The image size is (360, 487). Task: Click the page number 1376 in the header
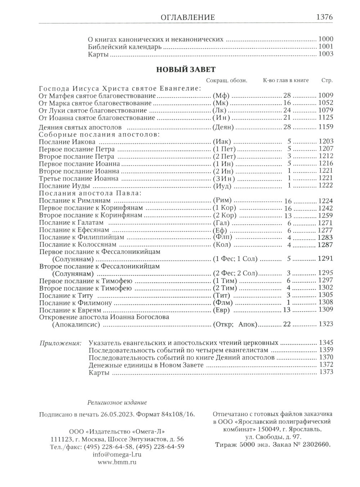(x=324, y=17)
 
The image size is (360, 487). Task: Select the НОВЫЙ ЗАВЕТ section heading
(x=186, y=70)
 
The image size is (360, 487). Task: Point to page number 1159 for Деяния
(x=326, y=127)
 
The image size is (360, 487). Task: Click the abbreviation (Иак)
(x=222, y=141)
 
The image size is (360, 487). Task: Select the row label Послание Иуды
(x=64, y=186)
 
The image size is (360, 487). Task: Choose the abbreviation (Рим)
(x=222, y=200)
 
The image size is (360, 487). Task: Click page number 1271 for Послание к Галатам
(x=326, y=223)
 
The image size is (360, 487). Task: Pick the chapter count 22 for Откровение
(x=287, y=324)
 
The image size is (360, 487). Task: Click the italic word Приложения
(x=60, y=343)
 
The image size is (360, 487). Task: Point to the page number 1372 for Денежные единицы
(x=326, y=365)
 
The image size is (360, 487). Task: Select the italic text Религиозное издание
(x=117, y=402)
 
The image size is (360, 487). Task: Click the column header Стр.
(x=327, y=81)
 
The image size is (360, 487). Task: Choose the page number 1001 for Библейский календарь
(x=326, y=46)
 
